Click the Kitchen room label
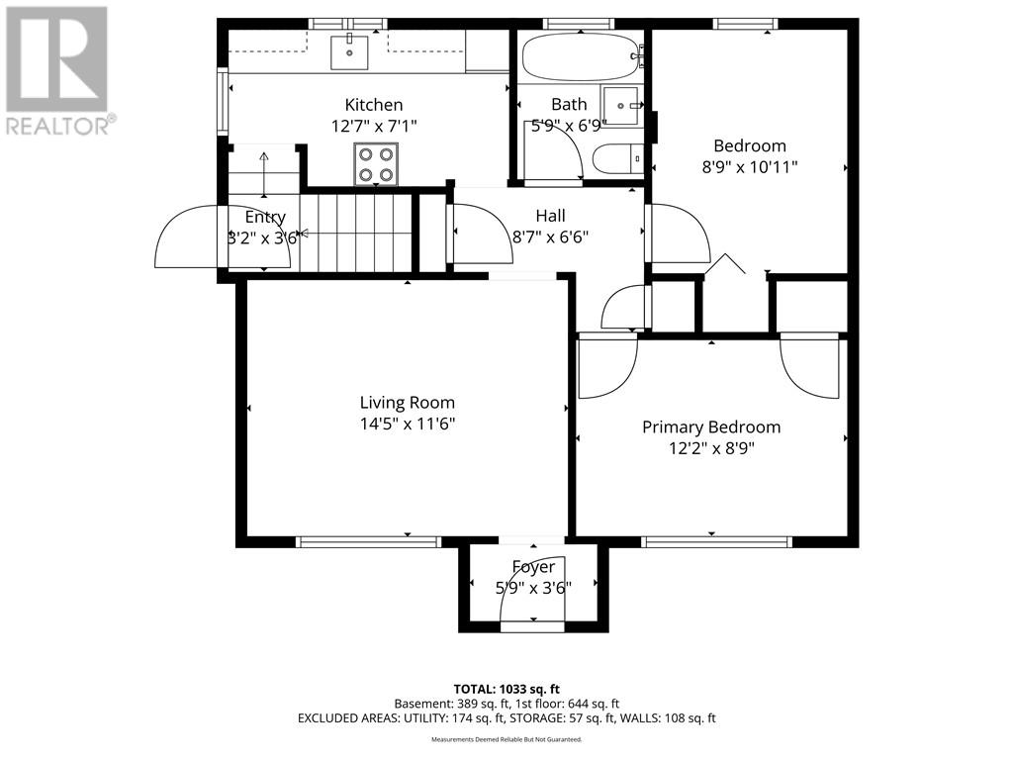click(373, 105)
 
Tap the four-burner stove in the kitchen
click(377, 164)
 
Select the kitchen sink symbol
click(349, 51)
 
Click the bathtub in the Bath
click(579, 57)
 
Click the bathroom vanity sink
click(623, 106)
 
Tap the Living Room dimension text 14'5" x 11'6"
click(407, 424)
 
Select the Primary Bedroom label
click(711, 427)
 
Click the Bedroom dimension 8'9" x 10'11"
click(749, 167)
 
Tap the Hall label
click(550, 216)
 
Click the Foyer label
click(533, 567)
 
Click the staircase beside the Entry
click(354, 233)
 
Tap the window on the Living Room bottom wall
click(368, 541)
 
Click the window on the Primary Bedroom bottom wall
click(716, 541)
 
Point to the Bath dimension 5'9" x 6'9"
click(569, 126)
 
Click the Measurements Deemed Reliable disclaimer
click(506, 739)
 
